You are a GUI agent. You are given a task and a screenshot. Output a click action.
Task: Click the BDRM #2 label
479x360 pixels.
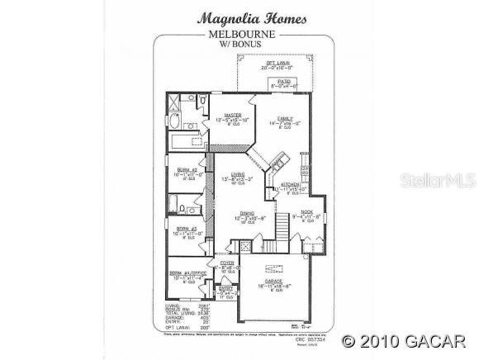pos(187,168)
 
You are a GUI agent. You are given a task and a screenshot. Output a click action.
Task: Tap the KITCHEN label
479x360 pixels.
pos(290,184)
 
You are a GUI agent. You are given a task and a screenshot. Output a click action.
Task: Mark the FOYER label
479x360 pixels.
pos(226,263)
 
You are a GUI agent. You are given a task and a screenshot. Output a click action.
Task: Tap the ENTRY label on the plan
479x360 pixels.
pos(225,288)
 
